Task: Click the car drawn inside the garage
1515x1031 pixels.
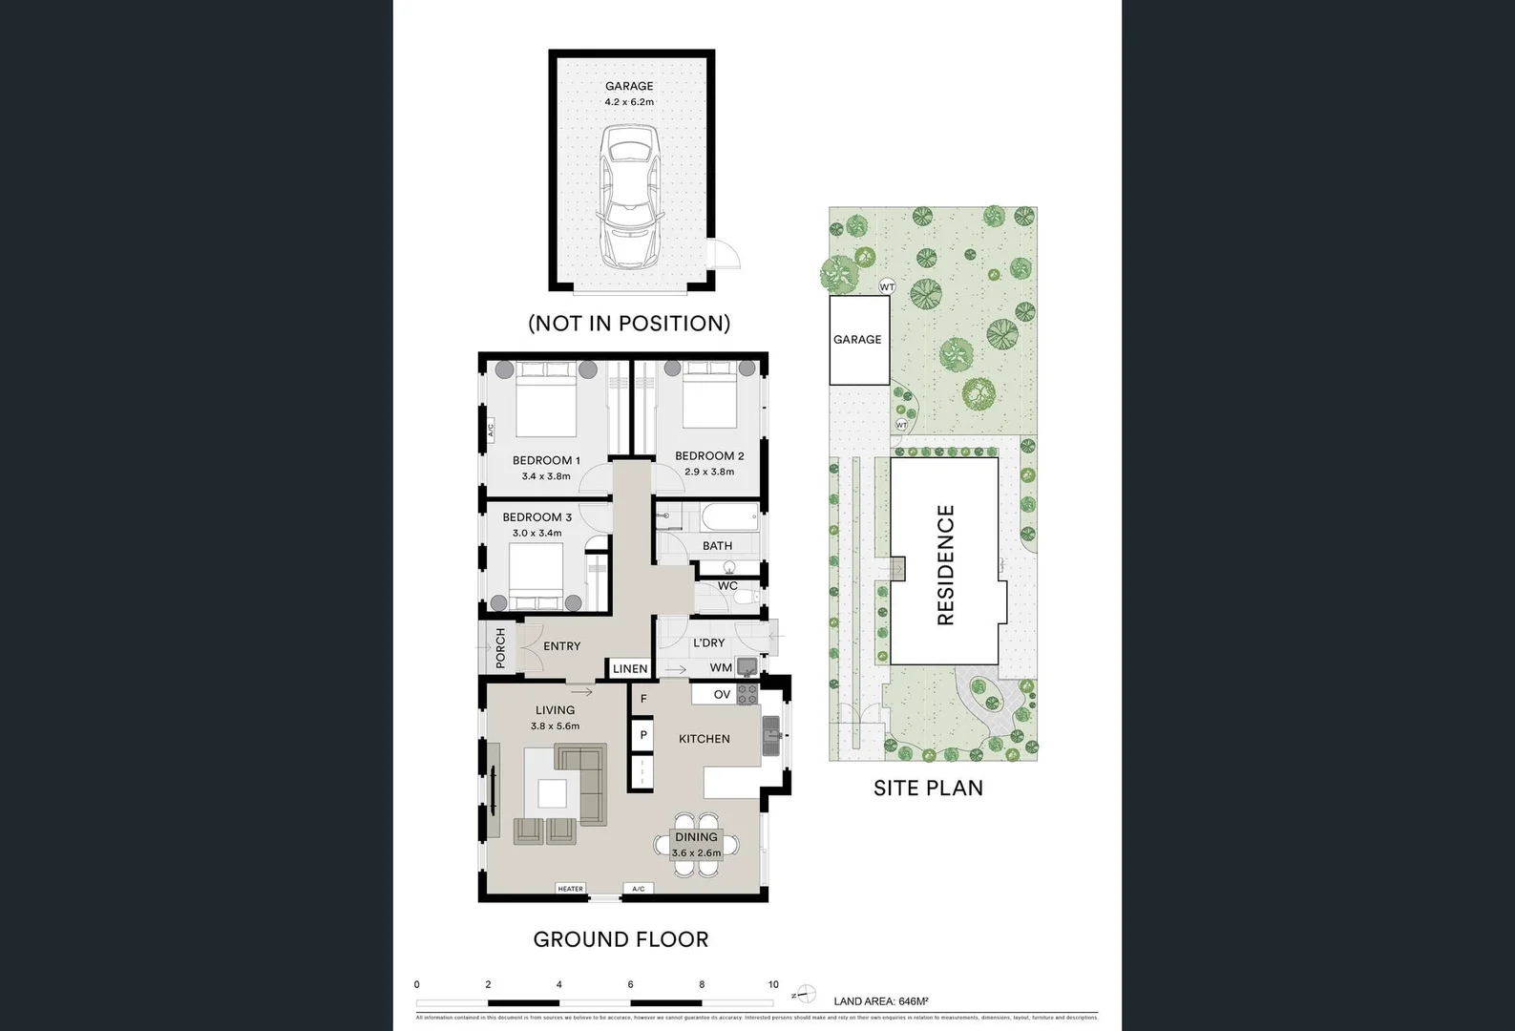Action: coord(629,199)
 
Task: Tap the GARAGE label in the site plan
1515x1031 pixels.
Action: coord(857,339)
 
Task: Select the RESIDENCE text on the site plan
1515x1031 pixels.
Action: coord(945,565)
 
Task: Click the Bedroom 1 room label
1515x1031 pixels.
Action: coord(546,460)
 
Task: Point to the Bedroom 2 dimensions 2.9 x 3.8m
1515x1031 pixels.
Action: coord(709,472)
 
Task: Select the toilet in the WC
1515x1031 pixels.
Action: coord(745,599)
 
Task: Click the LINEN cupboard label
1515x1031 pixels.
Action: coord(630,668)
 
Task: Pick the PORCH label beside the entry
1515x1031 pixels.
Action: coord(500,646)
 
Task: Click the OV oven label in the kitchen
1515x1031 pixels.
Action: coord(722,694)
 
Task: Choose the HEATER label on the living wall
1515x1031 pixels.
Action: coord(570,889)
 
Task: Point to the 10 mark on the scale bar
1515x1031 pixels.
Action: coord(773,984)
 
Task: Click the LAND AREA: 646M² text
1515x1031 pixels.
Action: coord(880,1001)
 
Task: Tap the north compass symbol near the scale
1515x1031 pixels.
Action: coord(804,994)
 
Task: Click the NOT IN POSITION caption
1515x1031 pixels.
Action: coord(629,323)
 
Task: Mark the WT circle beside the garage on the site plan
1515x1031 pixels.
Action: coord(887,286)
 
